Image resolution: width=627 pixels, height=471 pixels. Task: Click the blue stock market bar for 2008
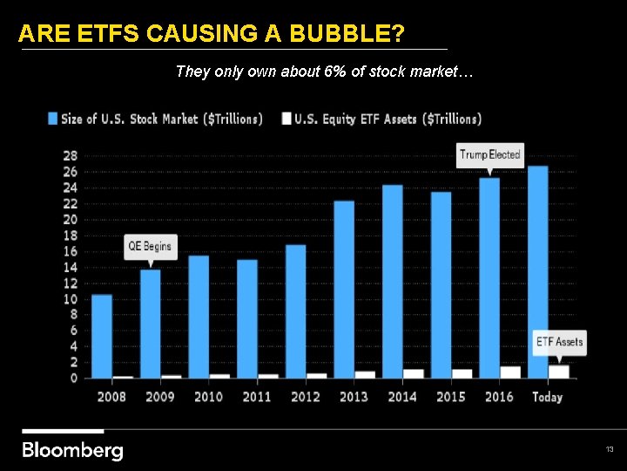(x=102, y=336)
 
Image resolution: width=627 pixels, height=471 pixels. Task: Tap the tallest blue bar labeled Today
(x=537, y=271)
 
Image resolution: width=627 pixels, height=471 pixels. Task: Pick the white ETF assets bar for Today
(x=558, y=372)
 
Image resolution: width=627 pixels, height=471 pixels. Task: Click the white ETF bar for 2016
(x=510, y=372)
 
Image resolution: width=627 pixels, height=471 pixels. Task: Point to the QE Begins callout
(x=150, y=246)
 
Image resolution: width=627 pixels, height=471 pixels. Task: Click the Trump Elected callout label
(x=489, y=155)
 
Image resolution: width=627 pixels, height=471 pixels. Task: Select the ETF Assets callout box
(x=559, y=341)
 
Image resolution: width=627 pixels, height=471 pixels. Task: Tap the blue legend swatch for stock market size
(x=53, y=119)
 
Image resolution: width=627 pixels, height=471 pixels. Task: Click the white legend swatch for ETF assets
(x=287, y=119)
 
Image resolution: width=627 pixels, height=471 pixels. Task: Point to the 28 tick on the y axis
(x=70, y=155)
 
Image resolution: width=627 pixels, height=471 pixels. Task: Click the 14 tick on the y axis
(x=70, y=267)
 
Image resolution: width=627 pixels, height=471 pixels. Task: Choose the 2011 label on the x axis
(x=256, y=397)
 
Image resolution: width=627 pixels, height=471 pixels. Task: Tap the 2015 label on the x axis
(x=450, y=397)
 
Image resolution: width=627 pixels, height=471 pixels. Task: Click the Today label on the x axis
(x=546, y=397)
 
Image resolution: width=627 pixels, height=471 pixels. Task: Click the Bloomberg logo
(x=72, y=450)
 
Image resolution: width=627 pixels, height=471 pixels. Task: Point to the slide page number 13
(x=610, y=449)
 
